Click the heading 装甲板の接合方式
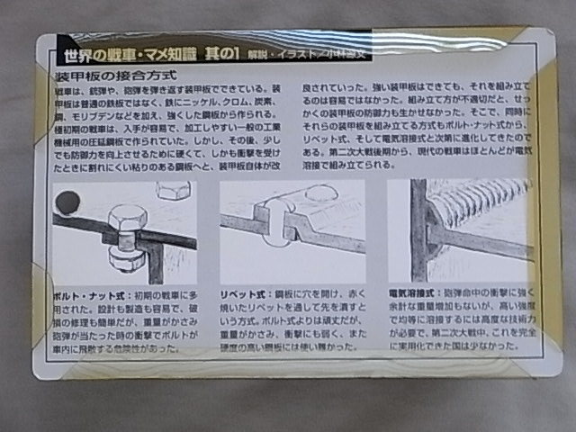113,75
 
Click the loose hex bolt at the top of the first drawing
174,189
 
